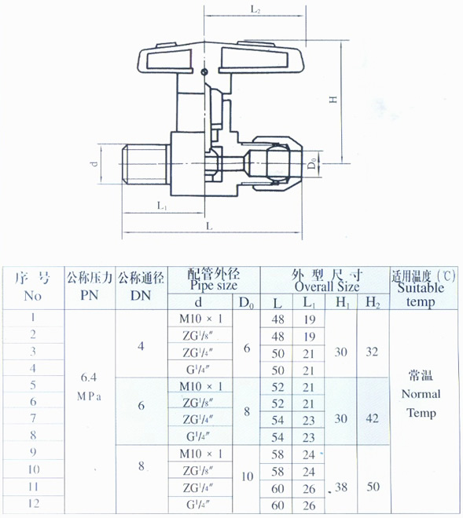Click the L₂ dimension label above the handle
click(255, 9)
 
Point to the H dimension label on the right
click(333, 99)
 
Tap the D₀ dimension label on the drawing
click(312, 163)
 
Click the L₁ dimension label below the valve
click(162, 206)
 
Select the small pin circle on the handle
click(205, 71)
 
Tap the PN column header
click(90, 294)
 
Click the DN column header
click(141, 295)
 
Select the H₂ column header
click(373, 302)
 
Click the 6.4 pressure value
click(89, 377)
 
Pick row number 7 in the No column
click(33, 418)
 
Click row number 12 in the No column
click(34, 503)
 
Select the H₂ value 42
click(373, 418)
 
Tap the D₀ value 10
click(247, 476)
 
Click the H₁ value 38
click(341, 487)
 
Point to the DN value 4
click(141, 346)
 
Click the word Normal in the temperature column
click(421, 394)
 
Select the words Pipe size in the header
click(214, 286)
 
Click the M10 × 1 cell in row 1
click(200, 319)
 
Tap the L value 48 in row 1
click(277, 319)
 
